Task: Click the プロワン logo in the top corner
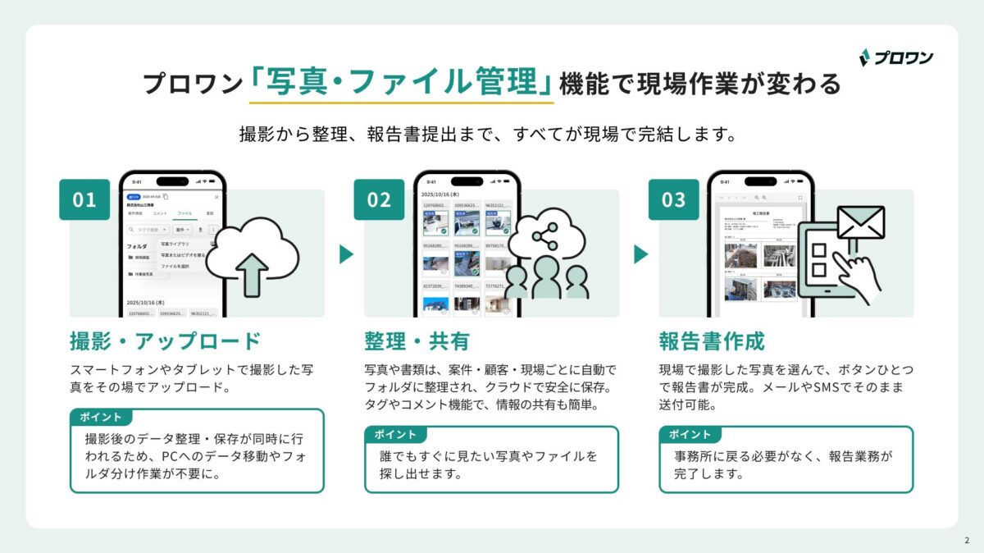[895, 57]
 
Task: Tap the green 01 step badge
[84, 199]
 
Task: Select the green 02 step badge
[379, 199]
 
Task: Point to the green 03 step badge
[673, 199]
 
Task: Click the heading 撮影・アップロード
[166, 340]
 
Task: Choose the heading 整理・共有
[416, 340]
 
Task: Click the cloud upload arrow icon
[252, 270]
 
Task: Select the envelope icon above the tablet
[860, 222]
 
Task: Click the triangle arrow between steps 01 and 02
[347, 254]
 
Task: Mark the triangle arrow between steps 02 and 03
[641, 254]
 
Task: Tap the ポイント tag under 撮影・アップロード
[101, 417]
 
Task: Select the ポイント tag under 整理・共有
[395, 434]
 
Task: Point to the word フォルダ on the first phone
[136, 245]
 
